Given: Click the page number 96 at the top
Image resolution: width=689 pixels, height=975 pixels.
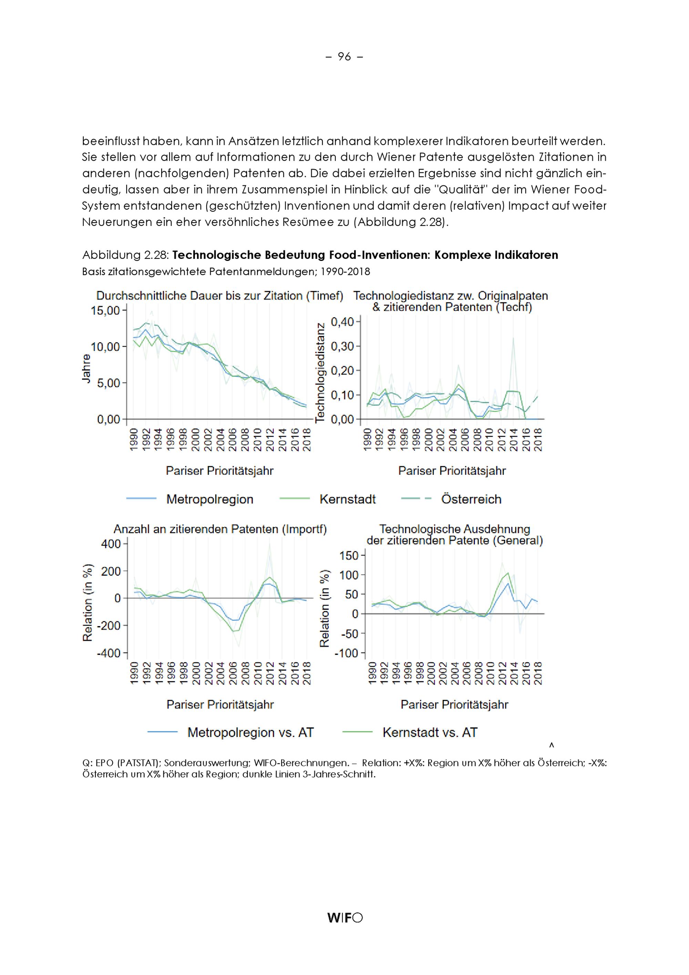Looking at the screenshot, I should point(344,57).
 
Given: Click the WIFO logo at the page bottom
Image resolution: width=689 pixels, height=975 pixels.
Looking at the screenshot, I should point(345,918).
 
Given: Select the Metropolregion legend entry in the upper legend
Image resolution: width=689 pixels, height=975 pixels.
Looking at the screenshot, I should point(209,499).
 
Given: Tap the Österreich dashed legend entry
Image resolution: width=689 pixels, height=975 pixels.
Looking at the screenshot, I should point(471,499).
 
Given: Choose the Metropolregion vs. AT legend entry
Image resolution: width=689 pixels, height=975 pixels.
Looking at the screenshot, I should point(250,733).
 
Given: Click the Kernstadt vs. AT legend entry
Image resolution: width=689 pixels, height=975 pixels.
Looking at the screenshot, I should point(430,733).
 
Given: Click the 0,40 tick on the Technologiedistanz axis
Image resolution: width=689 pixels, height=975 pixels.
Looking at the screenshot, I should point(342,322).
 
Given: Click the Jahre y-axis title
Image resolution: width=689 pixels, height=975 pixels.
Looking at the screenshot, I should point(86,369).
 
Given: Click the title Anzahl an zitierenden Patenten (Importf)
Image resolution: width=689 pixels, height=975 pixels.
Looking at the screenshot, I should point(220,529).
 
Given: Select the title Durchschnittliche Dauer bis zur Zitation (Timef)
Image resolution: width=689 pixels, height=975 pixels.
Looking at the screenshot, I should point(220,295).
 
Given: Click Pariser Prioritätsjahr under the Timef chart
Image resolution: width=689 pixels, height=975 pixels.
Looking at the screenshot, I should point(219,471).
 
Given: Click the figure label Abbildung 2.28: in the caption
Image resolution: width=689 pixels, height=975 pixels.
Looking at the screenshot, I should point(126,255).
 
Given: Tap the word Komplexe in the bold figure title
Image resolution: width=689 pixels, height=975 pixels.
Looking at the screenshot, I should point(460,255).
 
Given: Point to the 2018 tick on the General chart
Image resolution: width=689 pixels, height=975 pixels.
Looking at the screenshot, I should point(538,673).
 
